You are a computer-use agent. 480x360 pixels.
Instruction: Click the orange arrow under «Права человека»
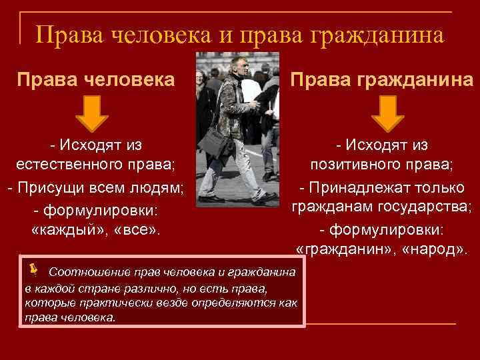pyautogui.click(x=95, y=113)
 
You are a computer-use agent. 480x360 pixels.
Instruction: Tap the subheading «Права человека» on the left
pyautogui.click(x=96, y=81)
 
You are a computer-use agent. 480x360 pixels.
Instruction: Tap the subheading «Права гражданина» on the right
pyautogui.click(x=382, y=81)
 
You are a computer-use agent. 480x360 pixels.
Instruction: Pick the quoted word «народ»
pyautogui.click(x=432, y=250)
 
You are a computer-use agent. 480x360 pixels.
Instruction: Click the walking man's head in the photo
pyautogui.click(x=237, y=65)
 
